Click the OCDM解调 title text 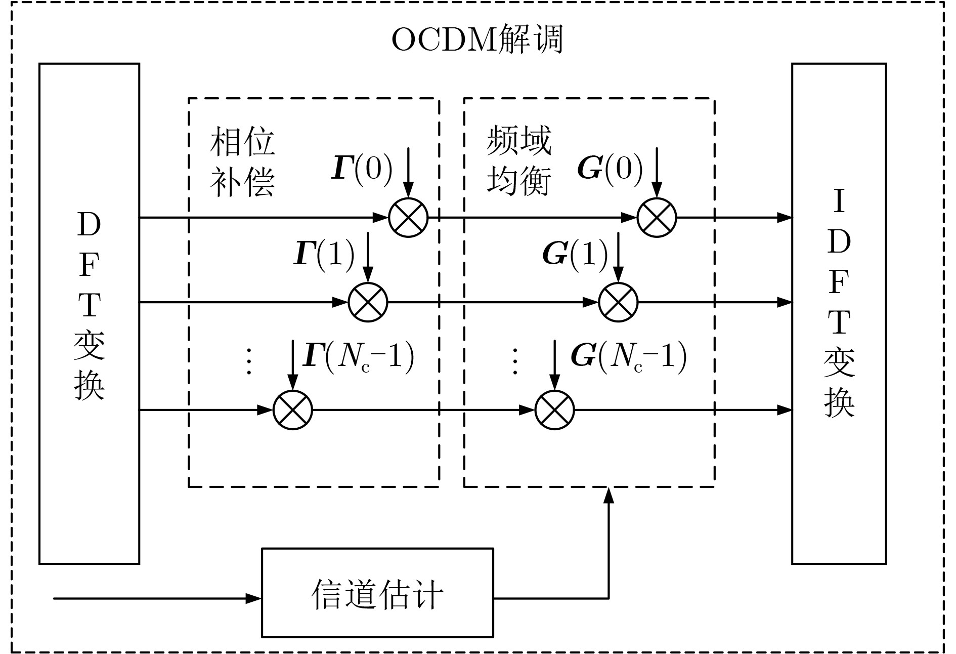tap(477, 40)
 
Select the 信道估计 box tap(377, 592)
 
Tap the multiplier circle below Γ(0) tap(408, 218)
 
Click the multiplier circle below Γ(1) tap(368, 302)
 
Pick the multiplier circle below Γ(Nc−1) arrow tap(293, 410)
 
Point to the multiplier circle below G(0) tap(657, 218)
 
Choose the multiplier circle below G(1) tap(618, 302)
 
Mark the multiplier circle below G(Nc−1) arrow tap(554, 410)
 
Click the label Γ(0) tap(362, 168)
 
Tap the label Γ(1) tap(324, 254)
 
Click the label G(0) tap(610, 168)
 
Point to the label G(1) tap(575, 254)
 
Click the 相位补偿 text tap(242, 161)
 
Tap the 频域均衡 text tap(518, 160)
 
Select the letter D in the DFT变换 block tap(89, 225)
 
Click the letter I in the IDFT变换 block tap(839, 201)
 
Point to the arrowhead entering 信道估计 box tap(254, 598)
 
